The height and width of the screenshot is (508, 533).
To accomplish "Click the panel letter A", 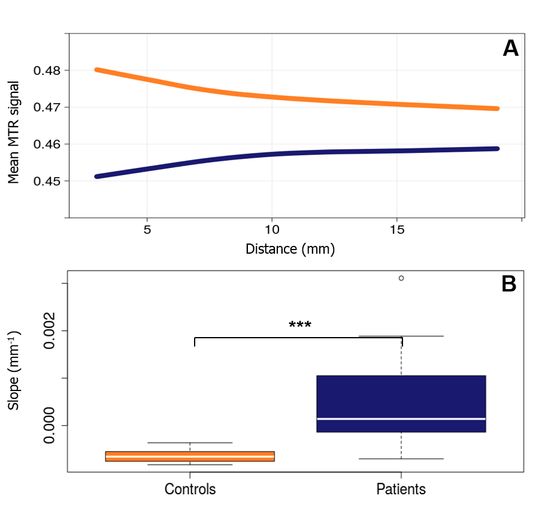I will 510,48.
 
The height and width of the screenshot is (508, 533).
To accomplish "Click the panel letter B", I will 509,284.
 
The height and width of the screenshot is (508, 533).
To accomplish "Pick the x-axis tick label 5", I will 147,230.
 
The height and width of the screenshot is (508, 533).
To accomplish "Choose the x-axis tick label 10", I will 272,230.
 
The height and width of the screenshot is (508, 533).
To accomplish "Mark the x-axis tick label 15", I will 397,230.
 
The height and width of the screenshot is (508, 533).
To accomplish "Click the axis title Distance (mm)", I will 290,248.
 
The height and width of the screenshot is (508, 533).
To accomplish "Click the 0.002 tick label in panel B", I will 50,330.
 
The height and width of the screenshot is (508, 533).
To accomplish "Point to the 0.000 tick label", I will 50,426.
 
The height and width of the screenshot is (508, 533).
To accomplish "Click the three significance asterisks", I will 299,326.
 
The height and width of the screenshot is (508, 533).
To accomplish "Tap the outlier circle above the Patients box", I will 401,278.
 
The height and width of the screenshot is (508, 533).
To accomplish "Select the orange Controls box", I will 190,456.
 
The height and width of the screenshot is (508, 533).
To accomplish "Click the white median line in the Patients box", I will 401,419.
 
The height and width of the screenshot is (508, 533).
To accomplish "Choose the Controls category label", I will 190,489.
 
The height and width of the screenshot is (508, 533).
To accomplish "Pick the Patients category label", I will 401,489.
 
